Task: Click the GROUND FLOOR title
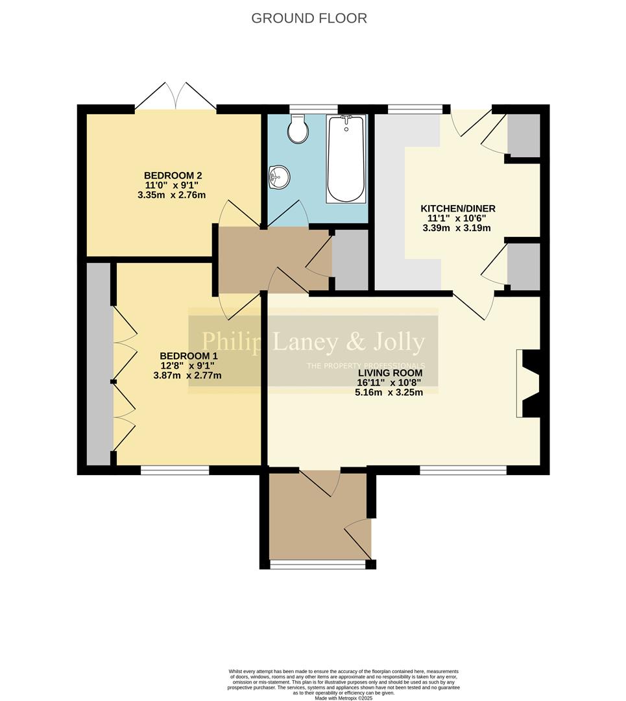[309, 18]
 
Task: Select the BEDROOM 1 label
[189, 356]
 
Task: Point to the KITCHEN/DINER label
[458, 208]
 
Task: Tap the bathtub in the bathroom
[346, 159]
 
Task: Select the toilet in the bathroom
[298, 129]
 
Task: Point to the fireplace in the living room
[528, 384]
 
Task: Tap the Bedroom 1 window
[175, 470]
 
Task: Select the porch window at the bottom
[318, 565]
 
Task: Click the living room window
[463, 470]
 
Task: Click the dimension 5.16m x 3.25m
[389, 392]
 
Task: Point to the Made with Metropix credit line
[344, 698]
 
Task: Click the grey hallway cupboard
[350, 260]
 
